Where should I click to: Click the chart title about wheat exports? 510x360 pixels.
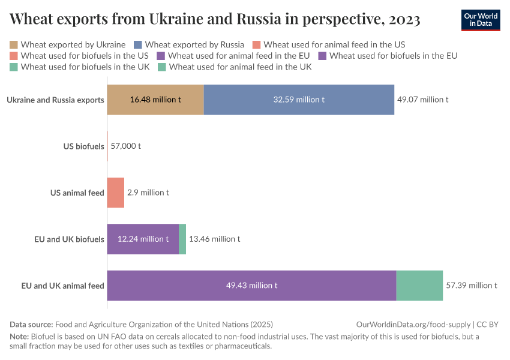tap(215, 20)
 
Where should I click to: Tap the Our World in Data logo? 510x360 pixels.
tap(480, 20)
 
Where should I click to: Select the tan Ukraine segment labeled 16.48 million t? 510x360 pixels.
tap(155, 100)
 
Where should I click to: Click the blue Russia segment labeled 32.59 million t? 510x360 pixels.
tap(299, 100)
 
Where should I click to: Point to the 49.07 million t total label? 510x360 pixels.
tap(422, 100)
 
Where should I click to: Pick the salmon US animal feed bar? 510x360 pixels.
tap(116, 193)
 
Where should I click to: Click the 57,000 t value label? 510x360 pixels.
tap(125, 146)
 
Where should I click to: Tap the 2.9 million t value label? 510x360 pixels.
tap(148, 193)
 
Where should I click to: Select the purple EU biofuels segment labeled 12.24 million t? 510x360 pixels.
tap(143, 239)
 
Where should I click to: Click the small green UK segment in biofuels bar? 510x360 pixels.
tap(182, 239)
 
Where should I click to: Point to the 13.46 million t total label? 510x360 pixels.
tap(214, 239)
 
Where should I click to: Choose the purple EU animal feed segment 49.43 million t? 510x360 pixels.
tap(251, 286)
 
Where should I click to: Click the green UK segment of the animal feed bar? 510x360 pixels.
tap(419, 286)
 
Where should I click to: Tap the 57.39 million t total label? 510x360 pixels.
tap(471, 286)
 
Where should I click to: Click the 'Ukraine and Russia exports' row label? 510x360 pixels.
tap(56, 100)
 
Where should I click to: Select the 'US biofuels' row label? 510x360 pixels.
tap(83, 146)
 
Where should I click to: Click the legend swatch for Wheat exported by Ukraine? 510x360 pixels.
tap(14, 44)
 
